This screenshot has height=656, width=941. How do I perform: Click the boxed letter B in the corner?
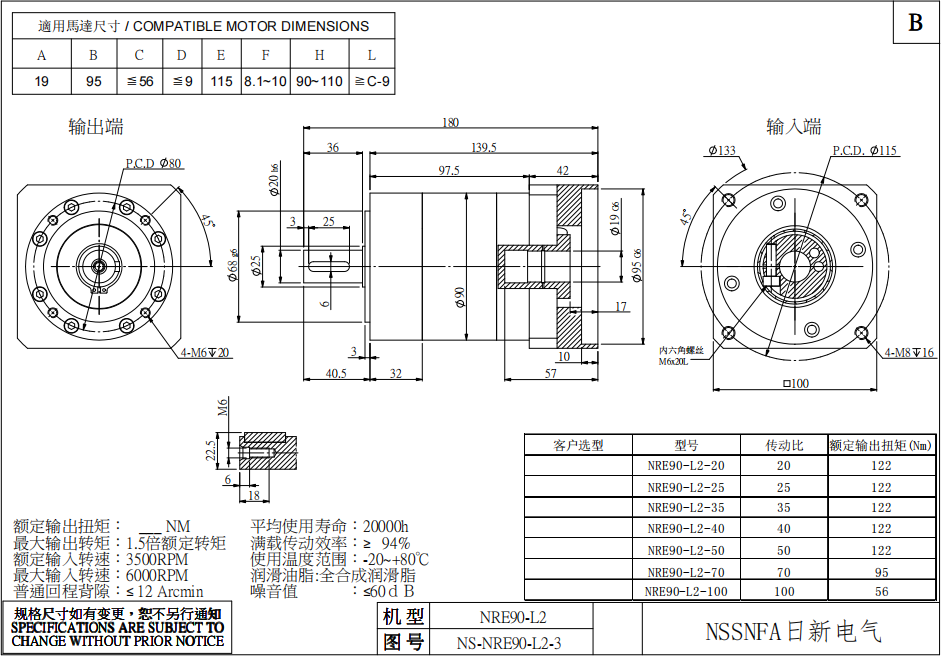click(x=915, y=23)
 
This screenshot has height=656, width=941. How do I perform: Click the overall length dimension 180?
click(x=450, y=123)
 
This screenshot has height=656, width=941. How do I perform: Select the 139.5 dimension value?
click(x=484, y=148)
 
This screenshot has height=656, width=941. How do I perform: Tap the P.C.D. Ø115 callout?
click(x=865, y=151)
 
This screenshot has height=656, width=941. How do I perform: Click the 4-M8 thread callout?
click(x=909, y=353)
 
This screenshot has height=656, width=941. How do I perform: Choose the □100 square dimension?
click(x=796, y=384)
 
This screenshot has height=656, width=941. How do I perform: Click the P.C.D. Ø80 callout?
click(x=153, y=163)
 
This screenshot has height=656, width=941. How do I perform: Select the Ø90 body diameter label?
click(x=461, y=298)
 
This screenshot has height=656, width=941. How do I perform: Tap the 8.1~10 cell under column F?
click(x=265, y=80)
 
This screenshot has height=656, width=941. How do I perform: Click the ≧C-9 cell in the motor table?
click(x=372, y=80)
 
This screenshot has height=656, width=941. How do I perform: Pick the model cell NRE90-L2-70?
click(x=685, y=572)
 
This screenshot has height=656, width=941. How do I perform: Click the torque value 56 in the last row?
click(x=881, y=591)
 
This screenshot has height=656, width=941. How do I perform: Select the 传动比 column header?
click(x=784, y=445)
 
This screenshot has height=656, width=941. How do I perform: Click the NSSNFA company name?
click(x=793, y=632)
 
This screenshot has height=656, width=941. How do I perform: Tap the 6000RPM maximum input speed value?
click(x=157, y=575)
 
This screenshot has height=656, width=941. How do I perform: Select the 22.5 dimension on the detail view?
click(x=210, y=451)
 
